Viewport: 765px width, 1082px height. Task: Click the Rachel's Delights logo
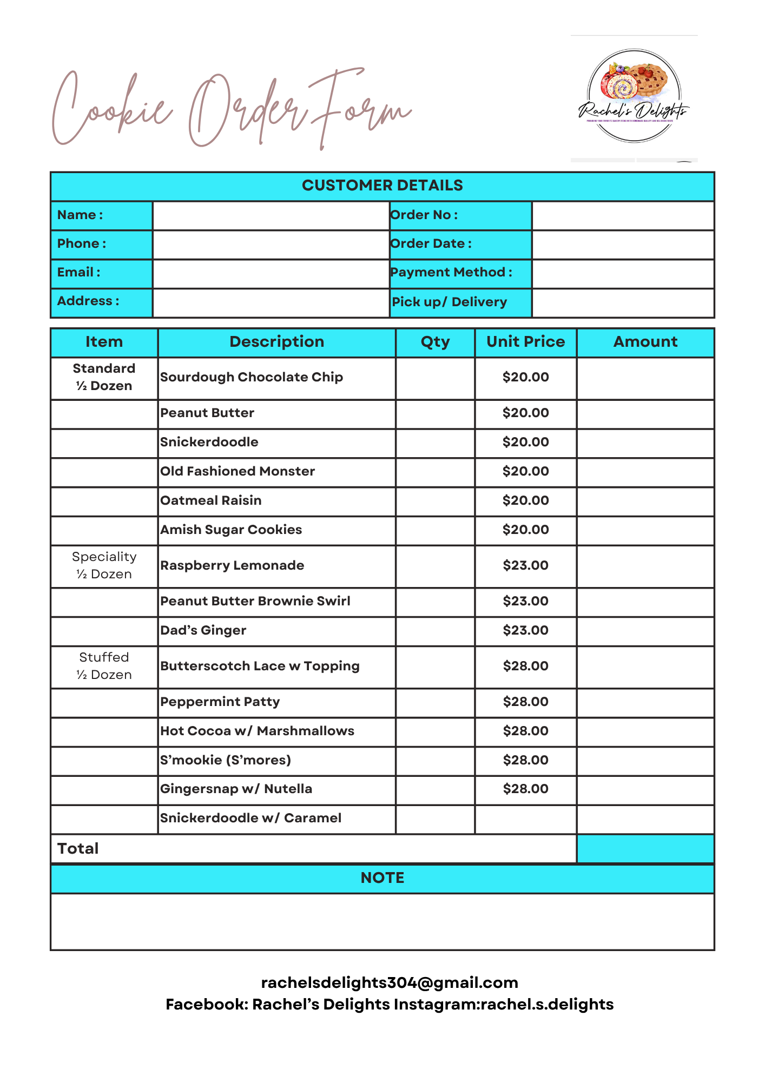(x=634, y=96)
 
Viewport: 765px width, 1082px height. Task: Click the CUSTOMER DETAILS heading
(x=382, y=186)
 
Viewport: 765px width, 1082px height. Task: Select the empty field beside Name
(x=271, y=215)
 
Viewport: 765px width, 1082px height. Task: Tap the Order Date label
(x=431, y=244)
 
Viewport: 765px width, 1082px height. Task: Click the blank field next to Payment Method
(x=623, y=273)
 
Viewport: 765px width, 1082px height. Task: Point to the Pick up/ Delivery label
(x=450, y=302)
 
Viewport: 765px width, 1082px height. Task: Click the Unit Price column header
(x=525, y=342)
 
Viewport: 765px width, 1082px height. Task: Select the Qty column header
(x=435, y=342)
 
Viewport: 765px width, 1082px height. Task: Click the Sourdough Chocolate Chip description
(x=252, y=378)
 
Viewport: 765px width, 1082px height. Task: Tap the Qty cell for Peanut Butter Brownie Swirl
(x=435, y=602)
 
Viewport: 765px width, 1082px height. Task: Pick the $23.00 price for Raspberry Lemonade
(x=525, y=566)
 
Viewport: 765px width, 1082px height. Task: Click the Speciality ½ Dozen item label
(x=104, y=565)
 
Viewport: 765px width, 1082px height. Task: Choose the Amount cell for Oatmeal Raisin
(x=645, y=501)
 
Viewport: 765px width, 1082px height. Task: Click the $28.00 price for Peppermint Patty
(x=525, y=702)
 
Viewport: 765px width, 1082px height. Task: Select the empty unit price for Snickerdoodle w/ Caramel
(x=525, y=819)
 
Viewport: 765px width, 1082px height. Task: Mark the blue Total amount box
(x=645, y=848)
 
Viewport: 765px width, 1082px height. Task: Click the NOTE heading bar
(x=382, y=878)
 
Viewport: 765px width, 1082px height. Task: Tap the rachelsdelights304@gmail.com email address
(x=390, y=982)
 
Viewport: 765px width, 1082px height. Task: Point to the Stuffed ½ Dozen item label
(x=104, y=666)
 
